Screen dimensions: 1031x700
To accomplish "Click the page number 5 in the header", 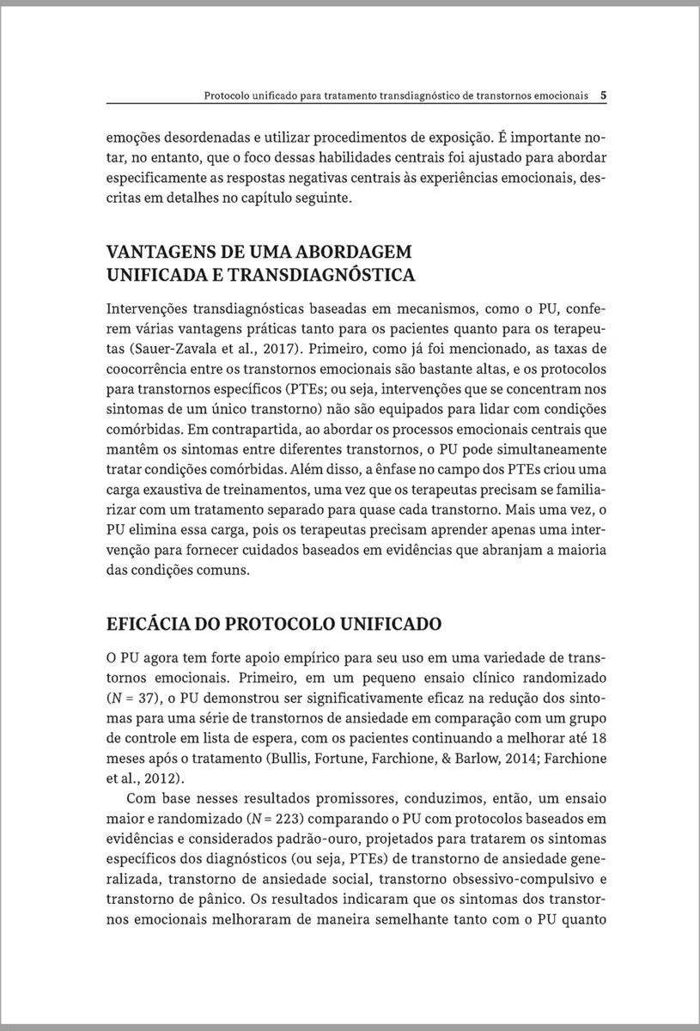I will pos(605,96).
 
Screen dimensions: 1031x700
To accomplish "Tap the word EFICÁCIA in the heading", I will pos(149,622).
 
